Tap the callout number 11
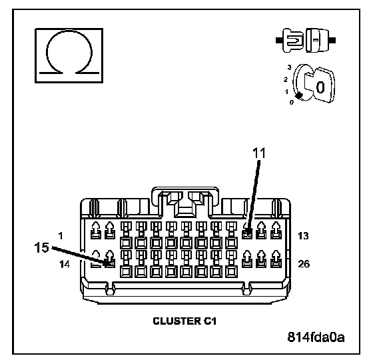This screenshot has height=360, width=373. coord(259,153)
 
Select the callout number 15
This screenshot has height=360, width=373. coord(42,247)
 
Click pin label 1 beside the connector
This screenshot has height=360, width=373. coord(61,236)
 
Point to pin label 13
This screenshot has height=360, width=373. coord(303,236)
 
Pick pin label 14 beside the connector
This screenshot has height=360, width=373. coord(65,264)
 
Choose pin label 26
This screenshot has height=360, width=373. coord(304,264)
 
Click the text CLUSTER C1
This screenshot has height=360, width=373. coord(185,321)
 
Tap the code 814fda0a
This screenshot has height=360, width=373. coord(316,337)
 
